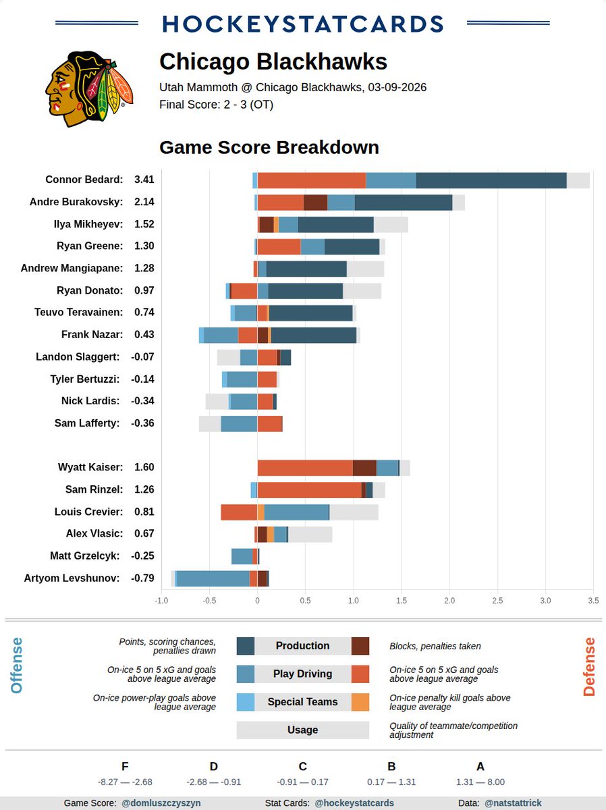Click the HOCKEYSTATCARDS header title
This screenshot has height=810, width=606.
pyautogui.click(x=303, y=24)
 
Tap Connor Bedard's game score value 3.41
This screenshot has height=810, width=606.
pyautogui.click(x=144, y=180)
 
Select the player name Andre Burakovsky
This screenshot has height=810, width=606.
pyautogui.click(x=76, y=202)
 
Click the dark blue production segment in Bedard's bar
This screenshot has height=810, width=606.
pyautogui.click(x=491, y=180)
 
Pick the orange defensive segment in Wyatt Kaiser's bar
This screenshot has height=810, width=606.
pyautogui.click(x=305, y=468)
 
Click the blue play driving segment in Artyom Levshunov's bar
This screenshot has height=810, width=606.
pyautogui.click(x=213, y=578)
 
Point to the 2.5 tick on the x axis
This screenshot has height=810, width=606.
pyautogui.click(x=497, y=600)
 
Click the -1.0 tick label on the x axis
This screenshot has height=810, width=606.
pyautogui.click(x=161, y=600)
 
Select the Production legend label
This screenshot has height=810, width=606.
pyautogui.click(x=302, y=646)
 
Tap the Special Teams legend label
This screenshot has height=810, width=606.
pyautogui.click(x=302, y=702)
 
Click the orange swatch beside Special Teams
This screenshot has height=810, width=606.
pyautogui.click(x=360, y=702)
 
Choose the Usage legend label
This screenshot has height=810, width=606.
pyautogui.click(x=302, y=730)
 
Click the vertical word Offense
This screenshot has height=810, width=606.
pyautogui.click(x=16, y=666)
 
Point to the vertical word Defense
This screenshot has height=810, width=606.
pyautogui.click(x=589, y=667)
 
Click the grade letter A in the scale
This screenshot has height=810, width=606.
pyautogui.click(x=480, y=766)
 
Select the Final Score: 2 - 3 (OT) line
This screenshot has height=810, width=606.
pyautogui.click(x=216, y=105)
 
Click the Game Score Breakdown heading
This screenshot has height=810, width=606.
pyautogui.click(x=269, y=147)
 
